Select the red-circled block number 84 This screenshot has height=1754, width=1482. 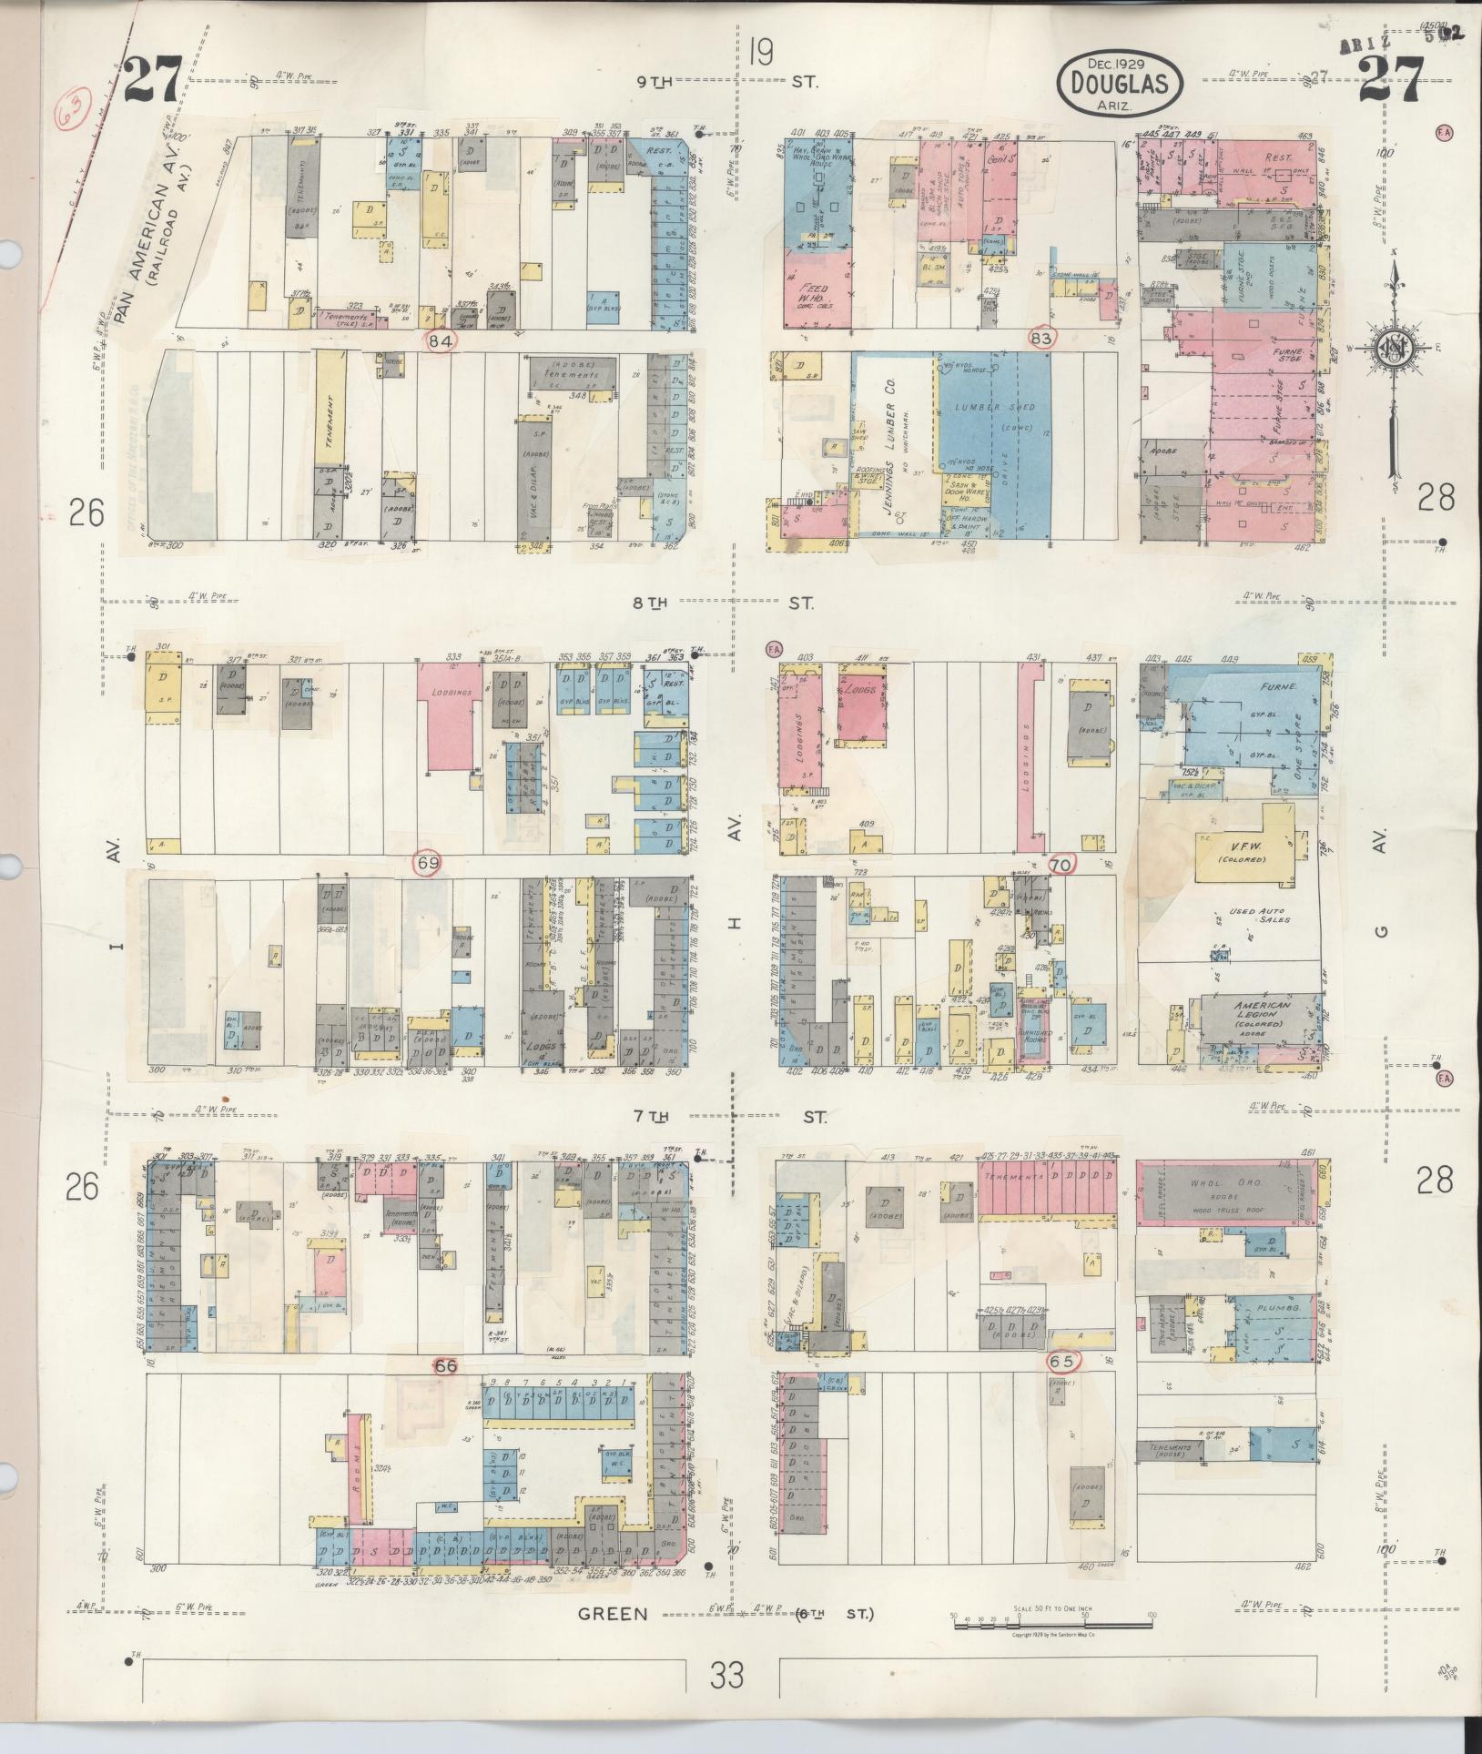click(442, 340)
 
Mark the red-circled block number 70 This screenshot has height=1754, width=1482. click(1061, 864)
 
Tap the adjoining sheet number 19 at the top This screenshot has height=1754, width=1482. click(761, 52)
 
